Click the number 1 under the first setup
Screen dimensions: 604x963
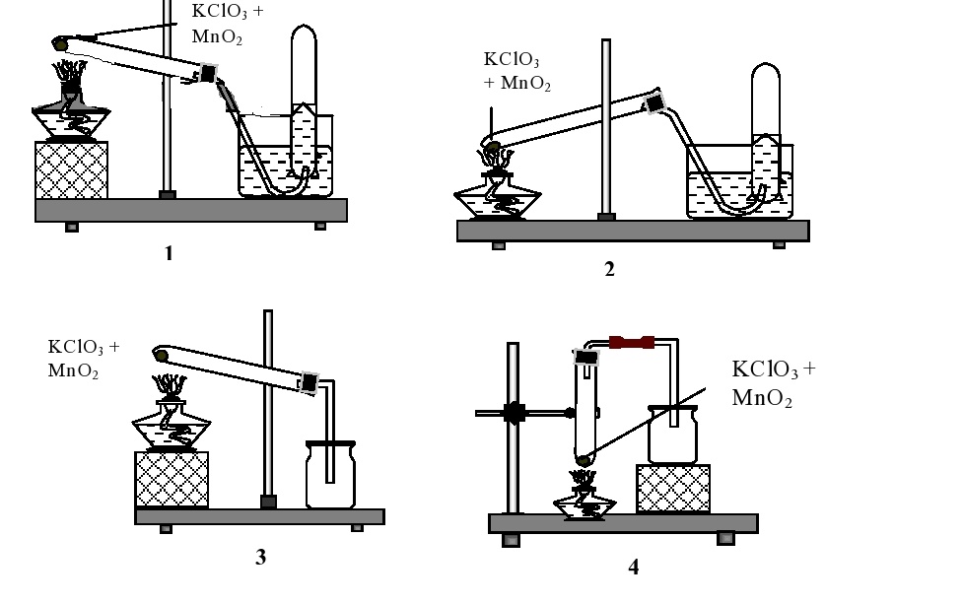(x=169, y=253)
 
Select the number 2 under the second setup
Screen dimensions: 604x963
(x=609, y=269)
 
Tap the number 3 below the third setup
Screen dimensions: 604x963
(x=260, y=557)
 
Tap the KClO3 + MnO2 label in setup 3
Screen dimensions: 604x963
(x=84, y=359)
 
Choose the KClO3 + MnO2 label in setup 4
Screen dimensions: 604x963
(x=774, y=383)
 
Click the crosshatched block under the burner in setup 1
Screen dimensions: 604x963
(x=71, y=169)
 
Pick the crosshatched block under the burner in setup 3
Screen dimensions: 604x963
(x=172, y=480)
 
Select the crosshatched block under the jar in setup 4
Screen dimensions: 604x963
(x=673, y=488)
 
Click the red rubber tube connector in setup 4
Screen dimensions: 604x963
(x=632, y=342)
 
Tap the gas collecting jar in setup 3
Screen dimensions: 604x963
(x=329, y=475)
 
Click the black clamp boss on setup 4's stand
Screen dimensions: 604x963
(x=512, y=413)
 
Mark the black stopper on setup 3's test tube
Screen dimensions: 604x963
(x=309, y=381)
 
